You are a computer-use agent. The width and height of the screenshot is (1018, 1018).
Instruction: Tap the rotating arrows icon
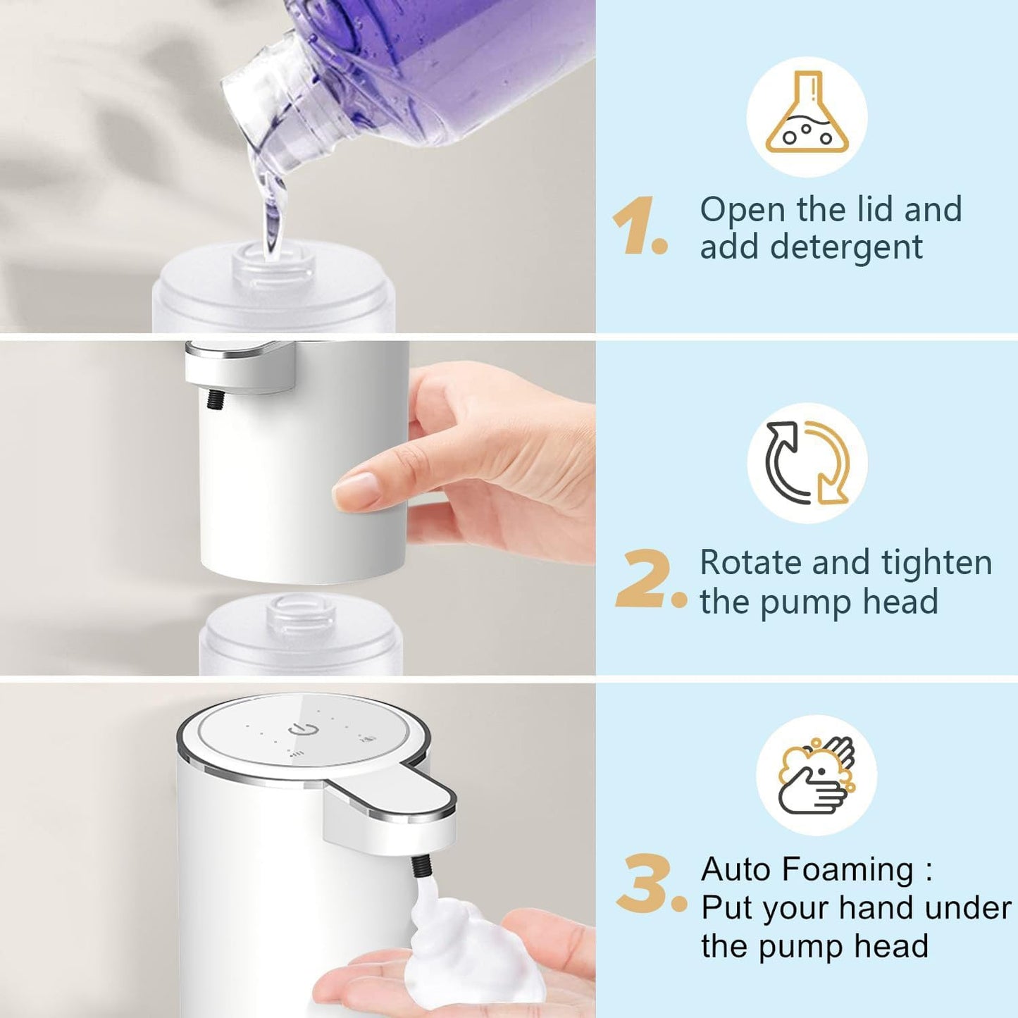pyautogui.click(x=807, y=463)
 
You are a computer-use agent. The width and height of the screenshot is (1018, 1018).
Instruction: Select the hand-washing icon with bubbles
pyautogui.click(x=817, y=775)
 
